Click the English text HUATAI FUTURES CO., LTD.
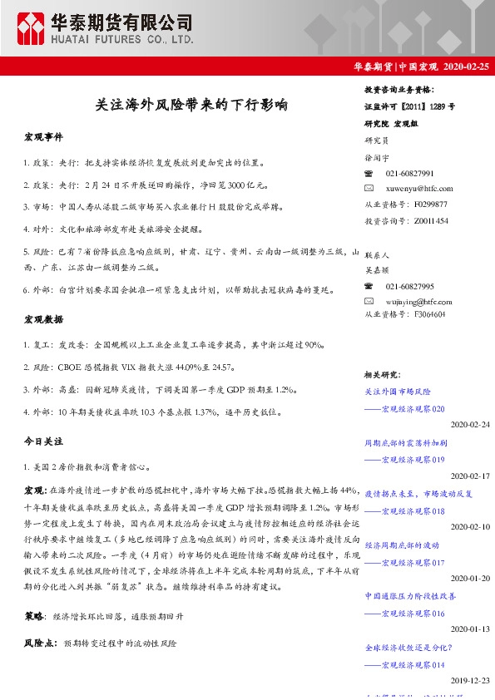[122, 38]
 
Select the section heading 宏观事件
[43, 136]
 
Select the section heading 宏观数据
[43, 319]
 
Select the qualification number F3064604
[428, 315]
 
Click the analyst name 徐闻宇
[377, 157]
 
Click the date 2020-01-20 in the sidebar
[471, 578]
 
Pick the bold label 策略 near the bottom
[35, 616]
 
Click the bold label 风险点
[39, 643]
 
